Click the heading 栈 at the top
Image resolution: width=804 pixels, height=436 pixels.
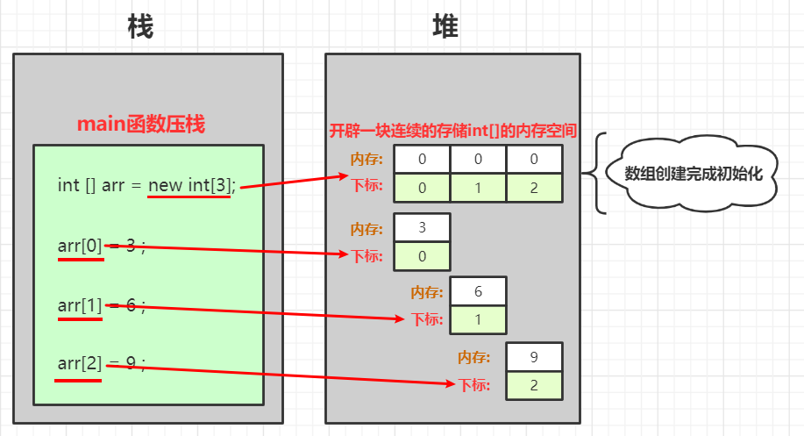point(139,27)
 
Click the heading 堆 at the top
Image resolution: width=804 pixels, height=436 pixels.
point(445,27)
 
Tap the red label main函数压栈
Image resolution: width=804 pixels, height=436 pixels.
point(141,124)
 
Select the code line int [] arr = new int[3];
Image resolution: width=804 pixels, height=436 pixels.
point(146,185)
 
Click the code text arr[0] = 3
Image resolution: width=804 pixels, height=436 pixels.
point(96,246)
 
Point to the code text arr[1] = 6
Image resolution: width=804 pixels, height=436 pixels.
point(100,306)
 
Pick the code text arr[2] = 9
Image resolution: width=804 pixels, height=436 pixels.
point(99,364)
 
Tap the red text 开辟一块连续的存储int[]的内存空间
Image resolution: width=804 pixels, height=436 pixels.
point(452,132)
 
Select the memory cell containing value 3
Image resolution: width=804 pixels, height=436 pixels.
point(423,228)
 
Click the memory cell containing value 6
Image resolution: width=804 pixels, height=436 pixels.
point(478,291)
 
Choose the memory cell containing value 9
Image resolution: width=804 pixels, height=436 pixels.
point(534,357)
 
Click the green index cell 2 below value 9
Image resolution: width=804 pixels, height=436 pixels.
point(534,385)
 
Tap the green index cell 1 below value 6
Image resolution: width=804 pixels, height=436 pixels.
point(478,319)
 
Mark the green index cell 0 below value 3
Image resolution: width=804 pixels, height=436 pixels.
point(423,256)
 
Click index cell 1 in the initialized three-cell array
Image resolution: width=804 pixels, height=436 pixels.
point(478,188)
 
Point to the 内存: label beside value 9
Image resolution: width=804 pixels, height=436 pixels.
point(473,358)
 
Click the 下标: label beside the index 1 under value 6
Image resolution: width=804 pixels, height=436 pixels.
point(427,319)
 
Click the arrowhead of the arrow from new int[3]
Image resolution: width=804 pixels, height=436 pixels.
point(345,176)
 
